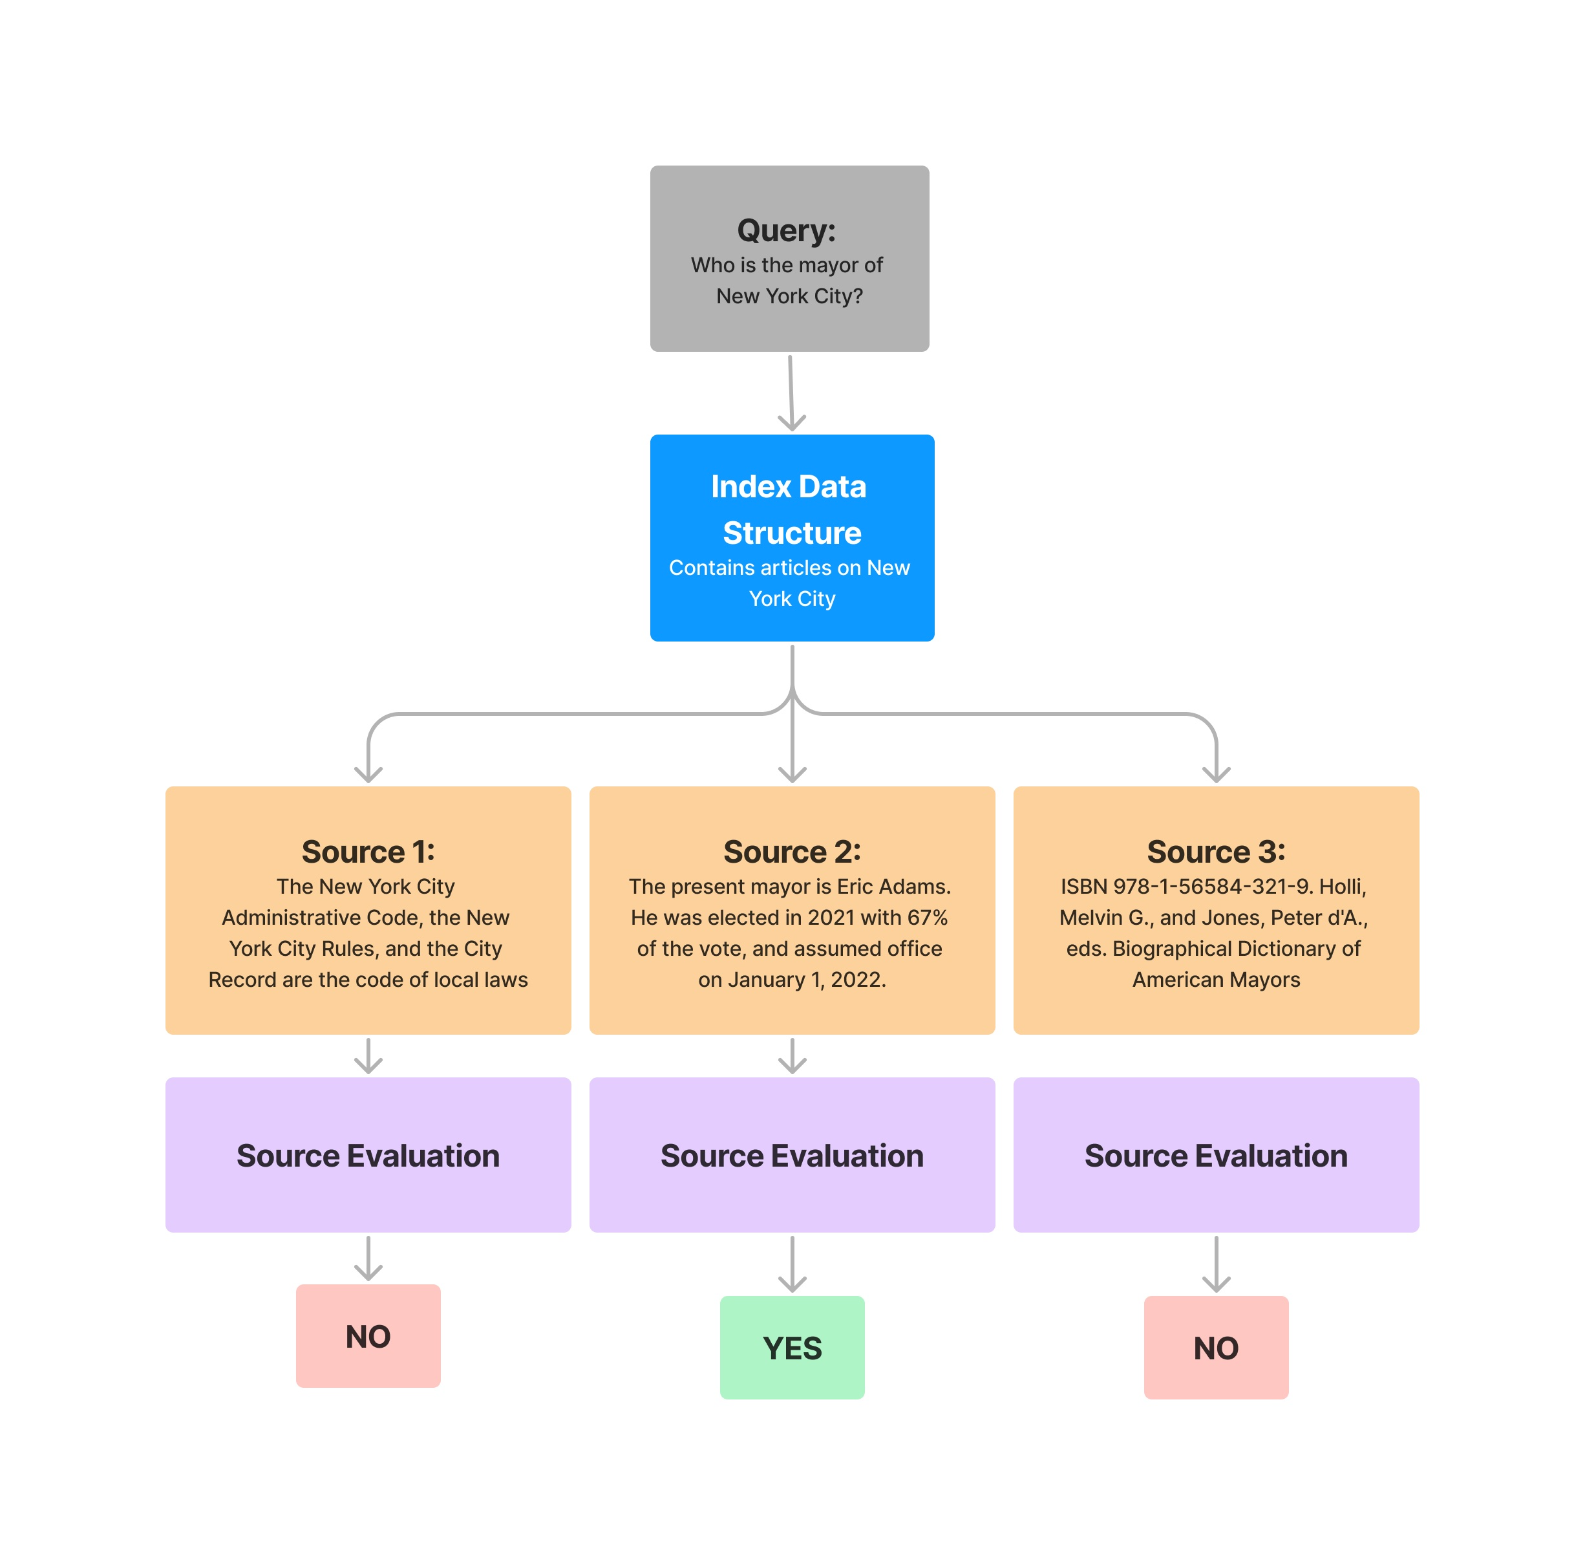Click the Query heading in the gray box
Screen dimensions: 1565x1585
[785, 231]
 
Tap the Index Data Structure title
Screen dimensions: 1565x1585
[790, 509]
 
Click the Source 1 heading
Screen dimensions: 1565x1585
[368, 851]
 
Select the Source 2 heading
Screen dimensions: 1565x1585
[791, 851]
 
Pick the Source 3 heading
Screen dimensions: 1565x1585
[1215, 851]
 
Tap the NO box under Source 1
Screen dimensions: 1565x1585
[368, 1335]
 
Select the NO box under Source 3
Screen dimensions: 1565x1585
[1215, 1346]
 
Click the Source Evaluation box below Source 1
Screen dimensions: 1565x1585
[368, 1154]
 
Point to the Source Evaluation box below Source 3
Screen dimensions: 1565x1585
[1215, 1154]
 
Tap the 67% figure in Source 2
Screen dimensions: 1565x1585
[927, 918]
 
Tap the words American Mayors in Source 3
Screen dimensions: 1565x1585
[1216, 980]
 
